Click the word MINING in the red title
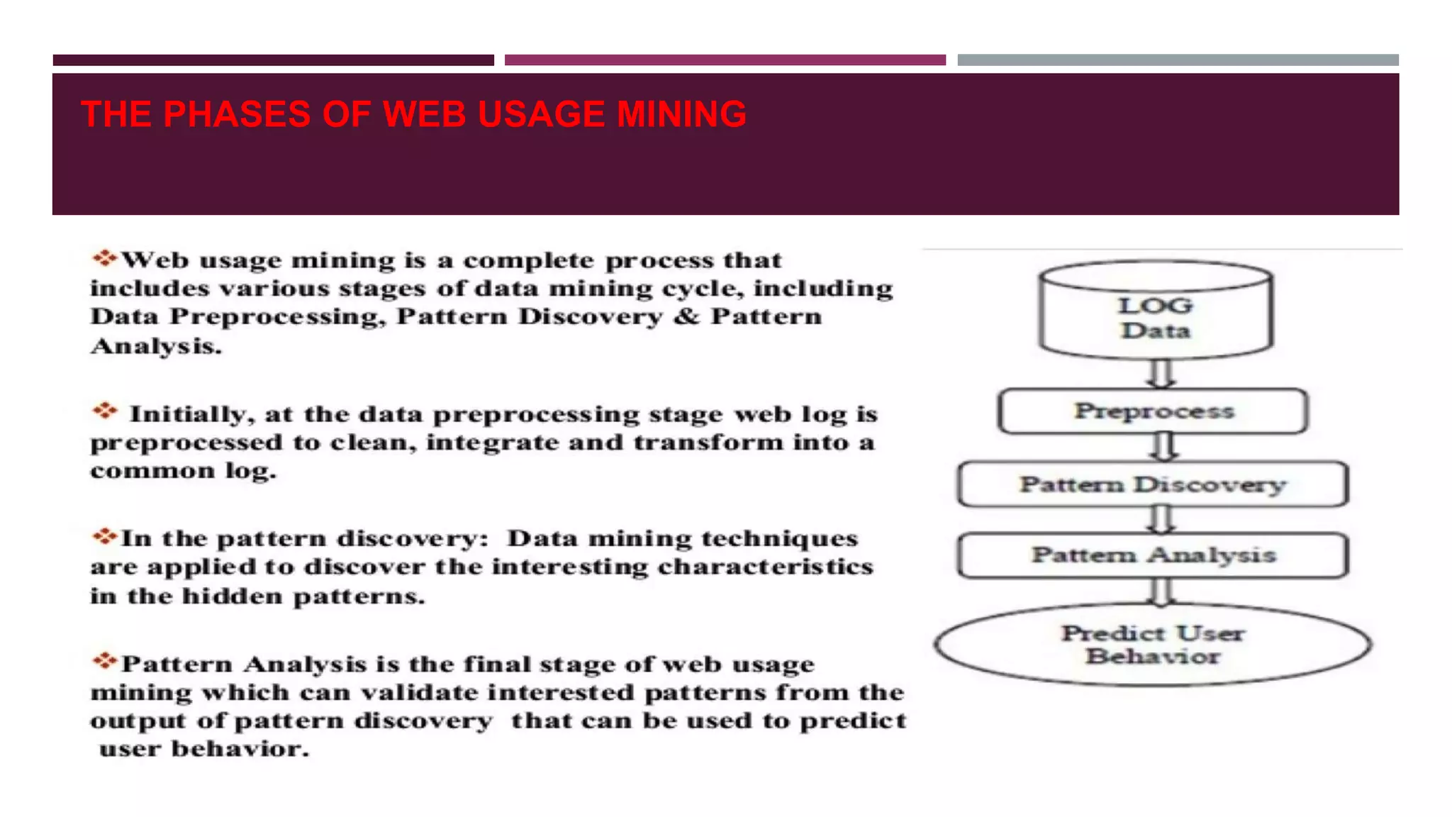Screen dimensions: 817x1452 pos(681,114)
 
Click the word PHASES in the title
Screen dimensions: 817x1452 pos(236,114)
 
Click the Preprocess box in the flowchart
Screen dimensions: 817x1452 pos(1153,411)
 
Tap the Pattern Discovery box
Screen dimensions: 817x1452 pos(1153,484)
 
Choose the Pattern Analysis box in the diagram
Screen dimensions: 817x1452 pos(1153,555)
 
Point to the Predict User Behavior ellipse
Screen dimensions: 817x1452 pos(1153,645)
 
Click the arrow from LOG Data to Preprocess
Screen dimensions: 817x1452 pos(1161,373)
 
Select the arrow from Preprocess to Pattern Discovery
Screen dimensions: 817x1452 pos(1163,447)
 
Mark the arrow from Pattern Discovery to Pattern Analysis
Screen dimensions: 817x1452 pos(1161,519)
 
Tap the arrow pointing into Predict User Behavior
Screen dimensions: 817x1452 pos(1161,591)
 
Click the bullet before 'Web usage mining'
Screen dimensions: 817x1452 pos(104,258)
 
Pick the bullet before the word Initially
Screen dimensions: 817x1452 pos(104,411)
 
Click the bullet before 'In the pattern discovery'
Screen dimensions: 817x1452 pos(104,536)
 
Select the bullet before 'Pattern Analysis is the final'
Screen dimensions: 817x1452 pos(104,662)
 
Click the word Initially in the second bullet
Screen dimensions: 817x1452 pos(188,414)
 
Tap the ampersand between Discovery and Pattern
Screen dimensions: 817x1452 pos(686,316)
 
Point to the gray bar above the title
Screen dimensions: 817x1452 pos(1178,60)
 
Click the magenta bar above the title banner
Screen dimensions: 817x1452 pos(725,60)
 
